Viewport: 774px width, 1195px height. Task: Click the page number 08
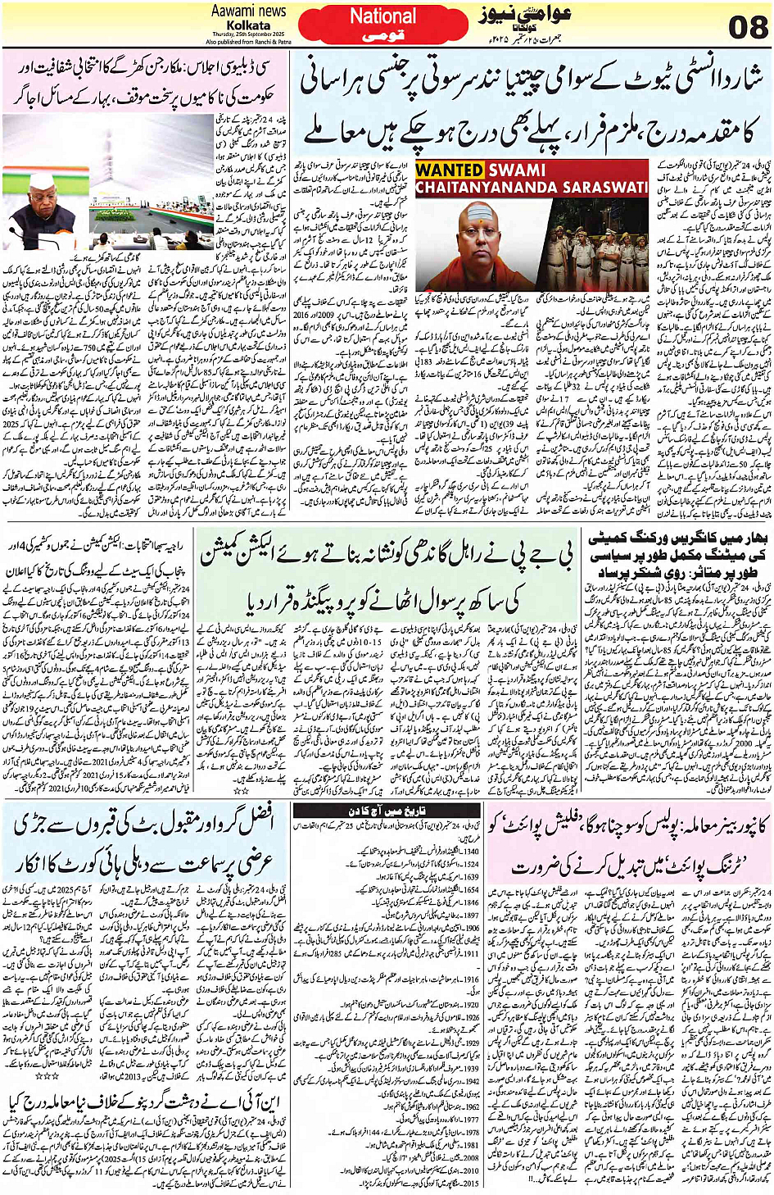coord(748,26)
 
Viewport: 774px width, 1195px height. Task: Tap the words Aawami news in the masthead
coord(248,11)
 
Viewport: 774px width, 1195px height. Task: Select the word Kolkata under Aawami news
coord(247,25)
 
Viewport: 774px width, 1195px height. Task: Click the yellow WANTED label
coord(450,170)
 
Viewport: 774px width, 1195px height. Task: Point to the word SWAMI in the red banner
coord(517,170)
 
